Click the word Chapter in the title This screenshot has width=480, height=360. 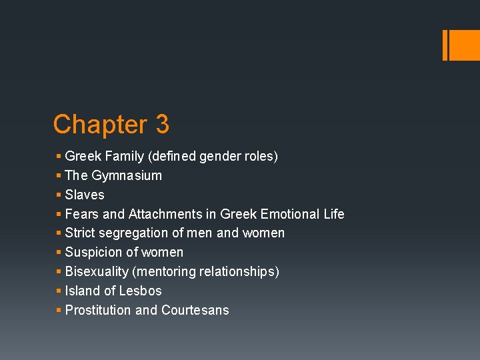tap(100, 125)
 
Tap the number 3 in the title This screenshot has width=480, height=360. tap(162, 125)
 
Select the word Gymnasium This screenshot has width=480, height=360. tap(127, 176)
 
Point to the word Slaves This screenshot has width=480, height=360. tap(85, 195)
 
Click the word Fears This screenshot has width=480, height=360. tap(81, 214)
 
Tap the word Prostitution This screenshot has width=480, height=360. tap(98, 310)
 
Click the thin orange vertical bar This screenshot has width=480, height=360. tap(445, 45)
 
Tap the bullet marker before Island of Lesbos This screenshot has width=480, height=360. tap(59, 291)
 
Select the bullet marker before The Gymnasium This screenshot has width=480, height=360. tap(59, 175)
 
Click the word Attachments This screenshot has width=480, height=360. tap(163, 214)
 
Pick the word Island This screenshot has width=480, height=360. tap(81, 291)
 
